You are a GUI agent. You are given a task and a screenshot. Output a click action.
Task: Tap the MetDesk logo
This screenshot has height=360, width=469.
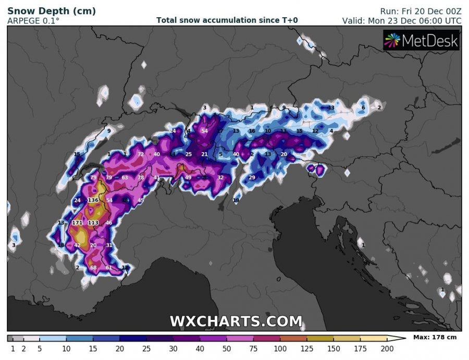[x=422, y=40]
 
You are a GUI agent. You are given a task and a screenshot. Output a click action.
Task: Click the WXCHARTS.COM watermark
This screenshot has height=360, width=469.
[x=236, y=321]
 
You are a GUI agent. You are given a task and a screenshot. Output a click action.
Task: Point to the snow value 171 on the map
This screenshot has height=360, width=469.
[x=77, y=223]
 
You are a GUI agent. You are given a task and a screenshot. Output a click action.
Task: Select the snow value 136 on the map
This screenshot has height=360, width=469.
[x=93, y=200]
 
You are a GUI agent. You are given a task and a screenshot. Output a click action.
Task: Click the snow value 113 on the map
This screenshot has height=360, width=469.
[x=93, y=223]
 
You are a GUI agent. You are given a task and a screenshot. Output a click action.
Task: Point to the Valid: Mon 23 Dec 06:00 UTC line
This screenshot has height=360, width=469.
[x=401, y=21]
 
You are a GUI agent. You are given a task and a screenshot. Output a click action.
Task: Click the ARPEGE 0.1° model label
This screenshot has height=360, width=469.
[x=33, y=21]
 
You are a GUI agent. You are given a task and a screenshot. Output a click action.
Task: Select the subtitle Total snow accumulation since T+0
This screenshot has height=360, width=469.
[x=227, y=20]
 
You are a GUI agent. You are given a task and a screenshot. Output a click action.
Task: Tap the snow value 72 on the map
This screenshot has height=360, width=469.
[x=141, y=154]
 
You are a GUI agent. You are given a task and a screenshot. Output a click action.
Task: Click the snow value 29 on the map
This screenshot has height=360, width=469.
[x=252, y=178]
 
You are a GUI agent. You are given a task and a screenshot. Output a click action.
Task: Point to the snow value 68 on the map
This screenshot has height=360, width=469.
[x=94, y=268]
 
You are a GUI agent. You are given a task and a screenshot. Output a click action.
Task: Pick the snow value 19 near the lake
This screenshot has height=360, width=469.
[x=236, y=201]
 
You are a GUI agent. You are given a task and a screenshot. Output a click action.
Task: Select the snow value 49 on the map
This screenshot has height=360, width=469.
[x=188, y=178]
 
